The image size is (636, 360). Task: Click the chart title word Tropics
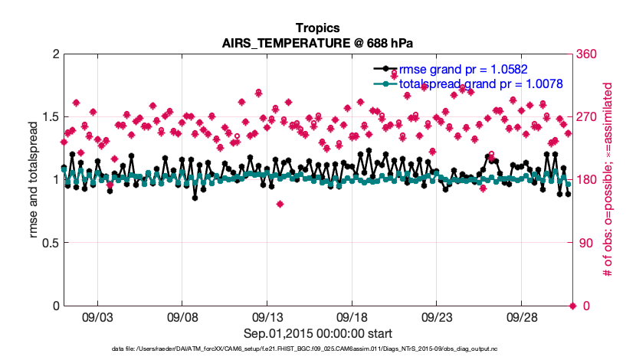[x=317, y=28]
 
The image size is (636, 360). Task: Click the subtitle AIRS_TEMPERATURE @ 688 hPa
[x=317, y=43]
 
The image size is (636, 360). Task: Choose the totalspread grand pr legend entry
[x=481, y=83]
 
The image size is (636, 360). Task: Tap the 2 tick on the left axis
[x=54, y=54]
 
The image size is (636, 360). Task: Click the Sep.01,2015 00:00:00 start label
[x=317, y=333]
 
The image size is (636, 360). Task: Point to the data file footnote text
[x=317, y=349]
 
